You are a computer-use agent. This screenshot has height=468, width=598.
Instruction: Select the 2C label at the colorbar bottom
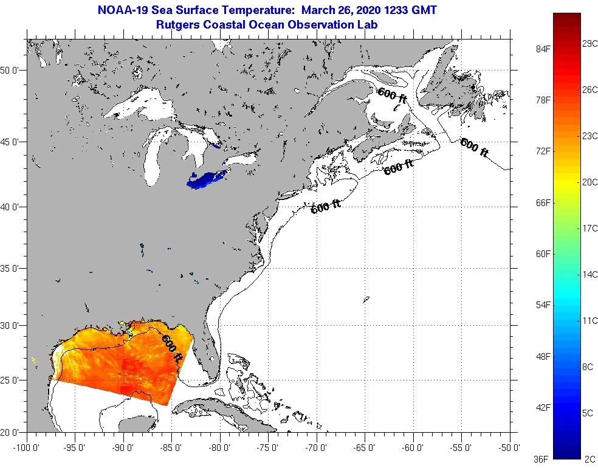tap(589, 459)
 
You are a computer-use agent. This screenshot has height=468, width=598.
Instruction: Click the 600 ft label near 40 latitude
tap(325, 207)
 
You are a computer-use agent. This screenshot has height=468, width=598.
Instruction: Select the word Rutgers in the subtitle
tap(177, 25)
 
